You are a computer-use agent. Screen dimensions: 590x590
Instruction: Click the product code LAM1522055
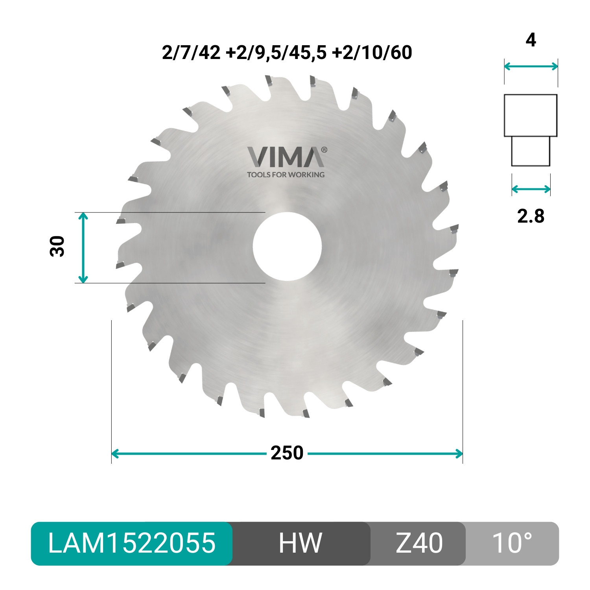click(132, 543)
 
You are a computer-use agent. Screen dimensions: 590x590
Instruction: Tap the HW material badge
click(301, 543)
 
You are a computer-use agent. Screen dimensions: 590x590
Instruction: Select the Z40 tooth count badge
click(419, 543)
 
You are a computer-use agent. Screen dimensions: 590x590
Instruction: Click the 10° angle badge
click(512, 543)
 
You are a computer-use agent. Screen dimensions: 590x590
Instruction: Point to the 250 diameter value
click(287, 453)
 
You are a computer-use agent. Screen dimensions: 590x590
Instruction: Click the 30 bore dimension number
click(57, 247)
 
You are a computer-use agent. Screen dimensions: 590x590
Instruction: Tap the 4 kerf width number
click(531, 40)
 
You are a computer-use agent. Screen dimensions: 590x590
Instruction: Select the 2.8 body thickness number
click(531, 216)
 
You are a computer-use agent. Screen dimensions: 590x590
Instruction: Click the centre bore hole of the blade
click(287, 247)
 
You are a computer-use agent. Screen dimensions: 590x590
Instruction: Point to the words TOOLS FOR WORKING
click(286, 175)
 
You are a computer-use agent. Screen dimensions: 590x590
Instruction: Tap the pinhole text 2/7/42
click(191, 53)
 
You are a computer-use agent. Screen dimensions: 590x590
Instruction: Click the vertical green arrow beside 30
click(83, 247)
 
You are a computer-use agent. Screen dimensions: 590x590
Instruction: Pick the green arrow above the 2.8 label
click(531, 189)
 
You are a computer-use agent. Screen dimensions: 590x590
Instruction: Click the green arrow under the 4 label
click(531, 66)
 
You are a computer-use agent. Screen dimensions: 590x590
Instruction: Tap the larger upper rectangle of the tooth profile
click(531, 115)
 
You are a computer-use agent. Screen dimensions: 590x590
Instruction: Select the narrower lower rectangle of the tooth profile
click(531, 151)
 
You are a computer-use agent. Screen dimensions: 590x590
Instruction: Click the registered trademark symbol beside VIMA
click(324, 150)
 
